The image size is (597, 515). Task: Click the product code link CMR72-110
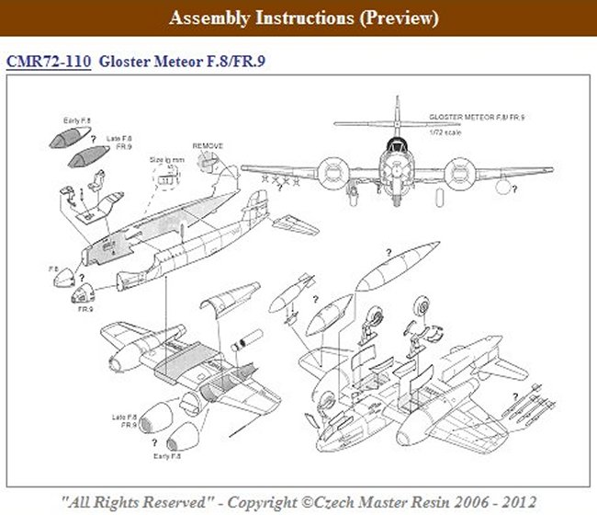pos(47,62)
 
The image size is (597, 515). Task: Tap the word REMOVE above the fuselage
pos(208,146)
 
